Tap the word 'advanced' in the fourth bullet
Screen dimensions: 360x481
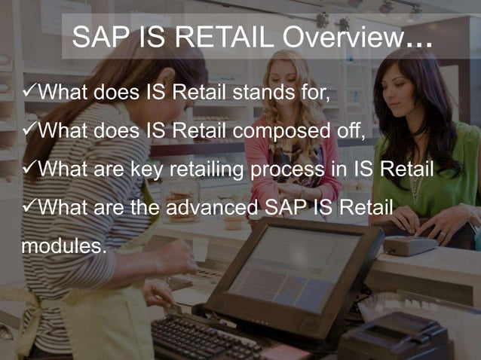(x=213, y=206)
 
